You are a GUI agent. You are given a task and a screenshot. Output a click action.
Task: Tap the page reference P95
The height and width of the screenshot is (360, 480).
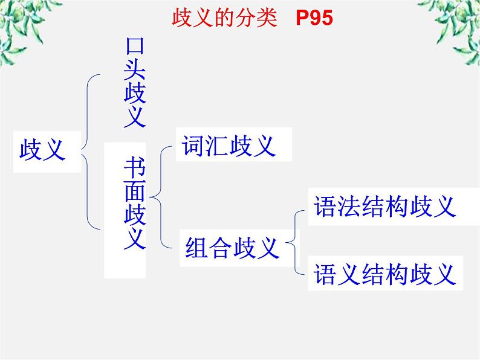click(314, 18)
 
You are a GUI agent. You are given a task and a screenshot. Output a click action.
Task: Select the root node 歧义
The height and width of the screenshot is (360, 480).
click(42, 148)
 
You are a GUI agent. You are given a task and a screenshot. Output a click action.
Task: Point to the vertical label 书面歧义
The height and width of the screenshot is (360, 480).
click(134, 202)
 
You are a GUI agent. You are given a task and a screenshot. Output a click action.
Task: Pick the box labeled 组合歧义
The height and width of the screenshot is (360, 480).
click(232, 248)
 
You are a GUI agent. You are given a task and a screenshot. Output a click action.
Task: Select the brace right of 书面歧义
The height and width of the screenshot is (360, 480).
click(159, 196)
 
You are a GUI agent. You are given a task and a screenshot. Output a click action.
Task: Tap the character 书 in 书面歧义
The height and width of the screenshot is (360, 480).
click(134, 166)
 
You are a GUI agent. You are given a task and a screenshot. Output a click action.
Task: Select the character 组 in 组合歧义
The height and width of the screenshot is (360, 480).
click(198, 248)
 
